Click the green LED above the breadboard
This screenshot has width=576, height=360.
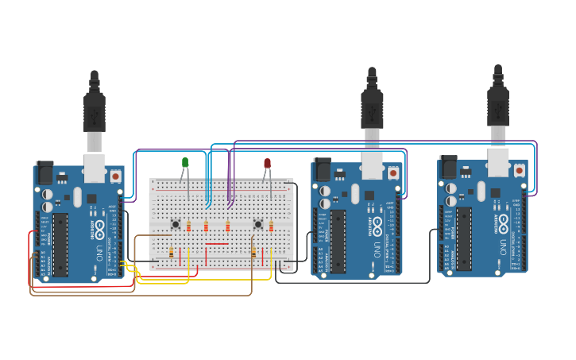(185, 163)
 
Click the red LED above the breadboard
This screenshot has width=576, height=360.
(267, 164)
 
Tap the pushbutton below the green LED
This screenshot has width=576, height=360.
(176, 224)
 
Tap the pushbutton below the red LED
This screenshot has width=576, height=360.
(257, 224)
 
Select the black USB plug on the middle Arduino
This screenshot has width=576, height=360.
(372, 107)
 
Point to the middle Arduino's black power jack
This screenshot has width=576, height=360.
(323, 169)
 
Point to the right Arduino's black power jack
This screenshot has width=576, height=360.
(449, 166)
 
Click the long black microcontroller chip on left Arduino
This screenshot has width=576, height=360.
(60, 244)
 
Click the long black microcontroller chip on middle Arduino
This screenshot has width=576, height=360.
(338, 241)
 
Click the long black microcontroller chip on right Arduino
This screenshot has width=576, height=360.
(464, 238)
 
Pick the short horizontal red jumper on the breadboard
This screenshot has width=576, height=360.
(216, 243)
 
